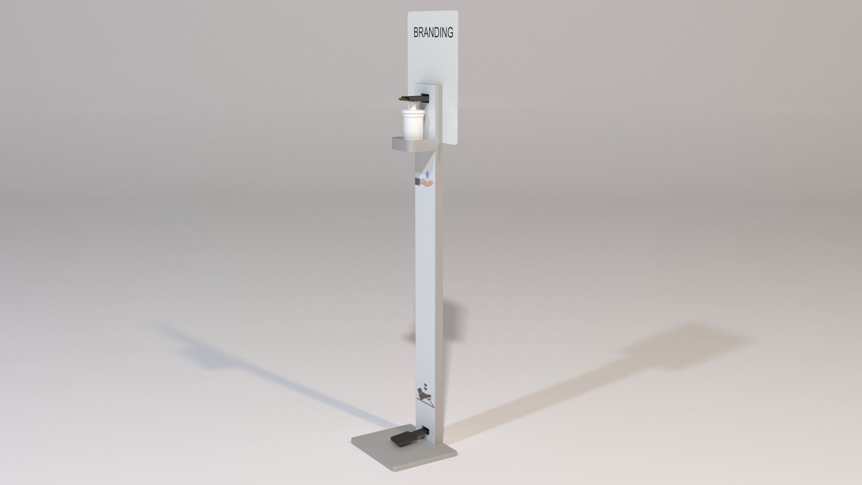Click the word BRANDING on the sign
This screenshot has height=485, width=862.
tap(433, 33)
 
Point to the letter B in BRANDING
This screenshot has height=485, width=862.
tap(416, 33)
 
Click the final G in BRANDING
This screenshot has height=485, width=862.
tap(449, 33)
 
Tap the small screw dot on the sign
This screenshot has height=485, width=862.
tap(455, 116)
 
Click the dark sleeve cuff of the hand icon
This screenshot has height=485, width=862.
tap(417, 181)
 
